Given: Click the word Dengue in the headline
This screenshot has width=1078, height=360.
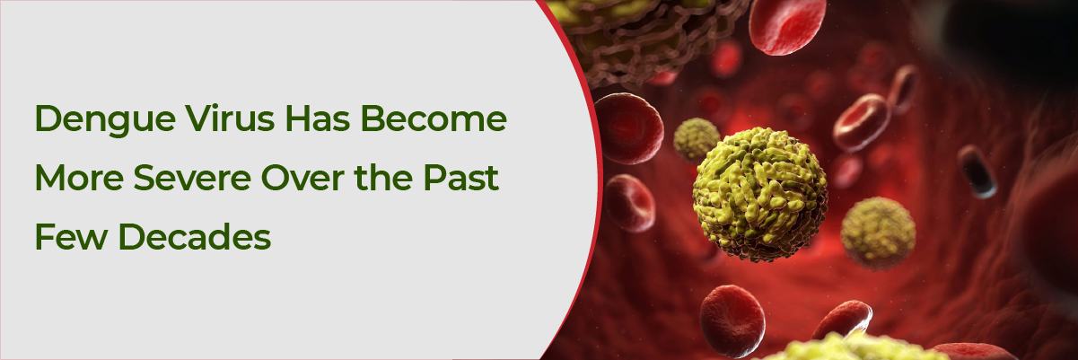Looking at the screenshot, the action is (x=105, y=119).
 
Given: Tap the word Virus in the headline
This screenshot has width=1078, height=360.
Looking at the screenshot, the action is (x=230, y=118).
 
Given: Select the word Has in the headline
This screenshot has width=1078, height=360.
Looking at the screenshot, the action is (x=318, y=118).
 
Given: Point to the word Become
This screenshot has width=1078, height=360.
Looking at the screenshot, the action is (x=434, y=118).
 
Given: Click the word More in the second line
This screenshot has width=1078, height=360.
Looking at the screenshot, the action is (x=79, y=178).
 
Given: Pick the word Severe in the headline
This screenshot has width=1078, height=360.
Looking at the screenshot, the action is (x=192, y=178).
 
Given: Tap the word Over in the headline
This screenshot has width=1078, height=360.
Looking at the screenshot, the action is (x=302, y=178).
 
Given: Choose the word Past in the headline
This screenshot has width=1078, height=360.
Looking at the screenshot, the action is (x=460, y=178).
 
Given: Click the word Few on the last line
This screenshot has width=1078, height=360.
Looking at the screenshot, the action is (x=71, y=237).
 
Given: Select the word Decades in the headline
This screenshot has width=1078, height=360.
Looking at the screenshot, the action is (x=195, y=237).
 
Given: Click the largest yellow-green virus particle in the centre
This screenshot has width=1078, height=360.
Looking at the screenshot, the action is (x=760, y=194).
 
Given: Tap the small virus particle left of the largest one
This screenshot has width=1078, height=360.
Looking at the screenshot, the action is (x=696, y=140).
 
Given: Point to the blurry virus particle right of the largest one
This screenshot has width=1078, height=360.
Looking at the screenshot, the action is (x=878, y=233).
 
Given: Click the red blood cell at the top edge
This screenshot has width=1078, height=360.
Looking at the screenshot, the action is (x=787, y=25).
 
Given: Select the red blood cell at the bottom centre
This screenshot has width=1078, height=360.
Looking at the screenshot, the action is (x=732, y=320).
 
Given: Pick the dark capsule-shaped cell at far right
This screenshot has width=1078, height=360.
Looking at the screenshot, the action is (x=977, y=171).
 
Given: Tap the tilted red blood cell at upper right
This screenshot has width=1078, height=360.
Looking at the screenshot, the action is (x=862, y=123).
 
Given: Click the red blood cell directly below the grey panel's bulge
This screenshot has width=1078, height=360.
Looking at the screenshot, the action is (x=630, y=203).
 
